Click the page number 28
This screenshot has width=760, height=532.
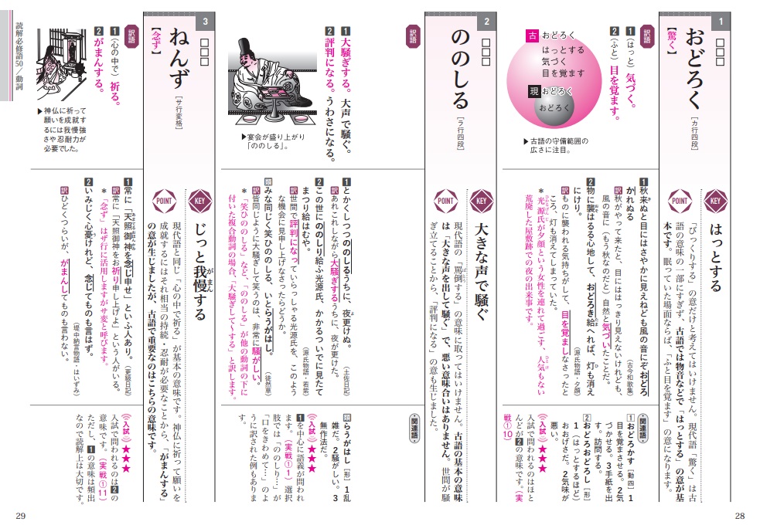739,516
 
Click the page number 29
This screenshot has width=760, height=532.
21,516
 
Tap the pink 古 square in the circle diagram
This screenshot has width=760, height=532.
532,36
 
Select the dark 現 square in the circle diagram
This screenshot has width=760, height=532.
531,91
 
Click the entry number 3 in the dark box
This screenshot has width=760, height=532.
205,21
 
